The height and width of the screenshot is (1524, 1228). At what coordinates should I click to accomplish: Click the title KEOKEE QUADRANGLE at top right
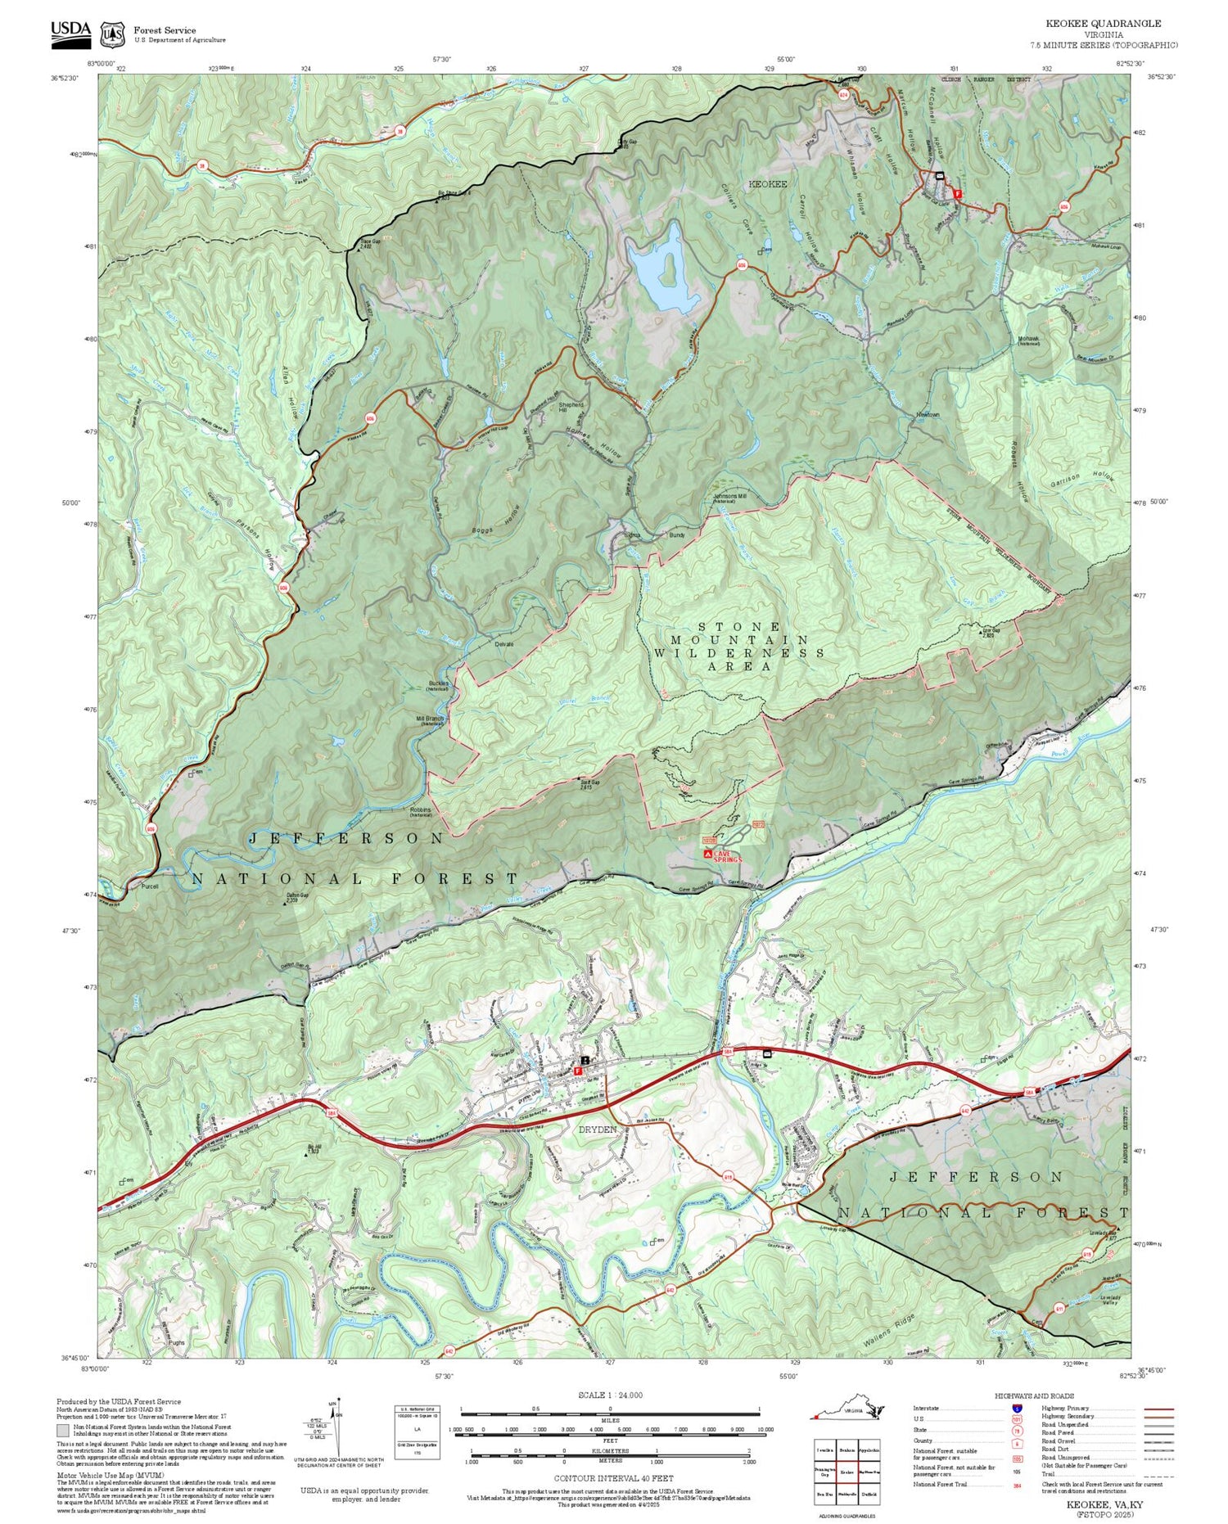tap(1103, 24)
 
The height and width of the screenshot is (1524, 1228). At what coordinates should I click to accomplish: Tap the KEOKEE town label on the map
tap(767, 184)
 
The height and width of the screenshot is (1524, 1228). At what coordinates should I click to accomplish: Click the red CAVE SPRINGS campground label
tap(726, 855)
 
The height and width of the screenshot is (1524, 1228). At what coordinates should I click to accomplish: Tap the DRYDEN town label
tap(597, 1129)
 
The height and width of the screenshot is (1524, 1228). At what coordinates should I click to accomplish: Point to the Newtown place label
tap(928, 415)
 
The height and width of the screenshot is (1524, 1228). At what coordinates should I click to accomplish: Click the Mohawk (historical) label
tap(1028, 340)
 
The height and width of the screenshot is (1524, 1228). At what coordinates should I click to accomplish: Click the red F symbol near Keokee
tap(958, 194)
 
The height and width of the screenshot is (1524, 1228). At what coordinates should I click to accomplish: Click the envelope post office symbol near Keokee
tap(939, 176)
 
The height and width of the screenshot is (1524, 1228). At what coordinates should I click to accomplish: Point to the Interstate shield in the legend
tap(1016, 1408)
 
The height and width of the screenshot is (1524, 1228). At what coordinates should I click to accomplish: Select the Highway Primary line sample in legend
tap(1155, 1409)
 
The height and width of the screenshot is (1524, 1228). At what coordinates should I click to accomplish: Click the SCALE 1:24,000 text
tap(610, 1395)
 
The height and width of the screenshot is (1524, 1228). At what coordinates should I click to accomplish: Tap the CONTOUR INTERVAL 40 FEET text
tap(613, 1478)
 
